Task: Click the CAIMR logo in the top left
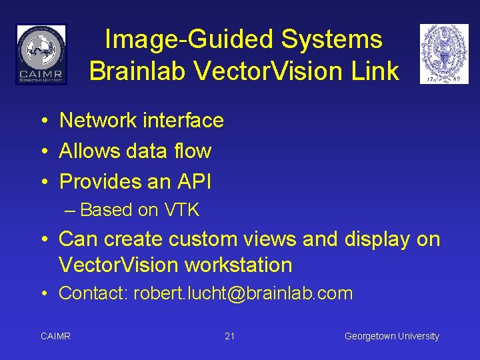41,54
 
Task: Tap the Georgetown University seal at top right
444,54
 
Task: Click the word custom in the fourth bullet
204,239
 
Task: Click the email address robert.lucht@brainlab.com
243,293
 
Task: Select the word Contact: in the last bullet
93,293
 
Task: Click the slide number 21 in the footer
229,336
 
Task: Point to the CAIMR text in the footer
55,336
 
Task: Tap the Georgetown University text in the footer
391,336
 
